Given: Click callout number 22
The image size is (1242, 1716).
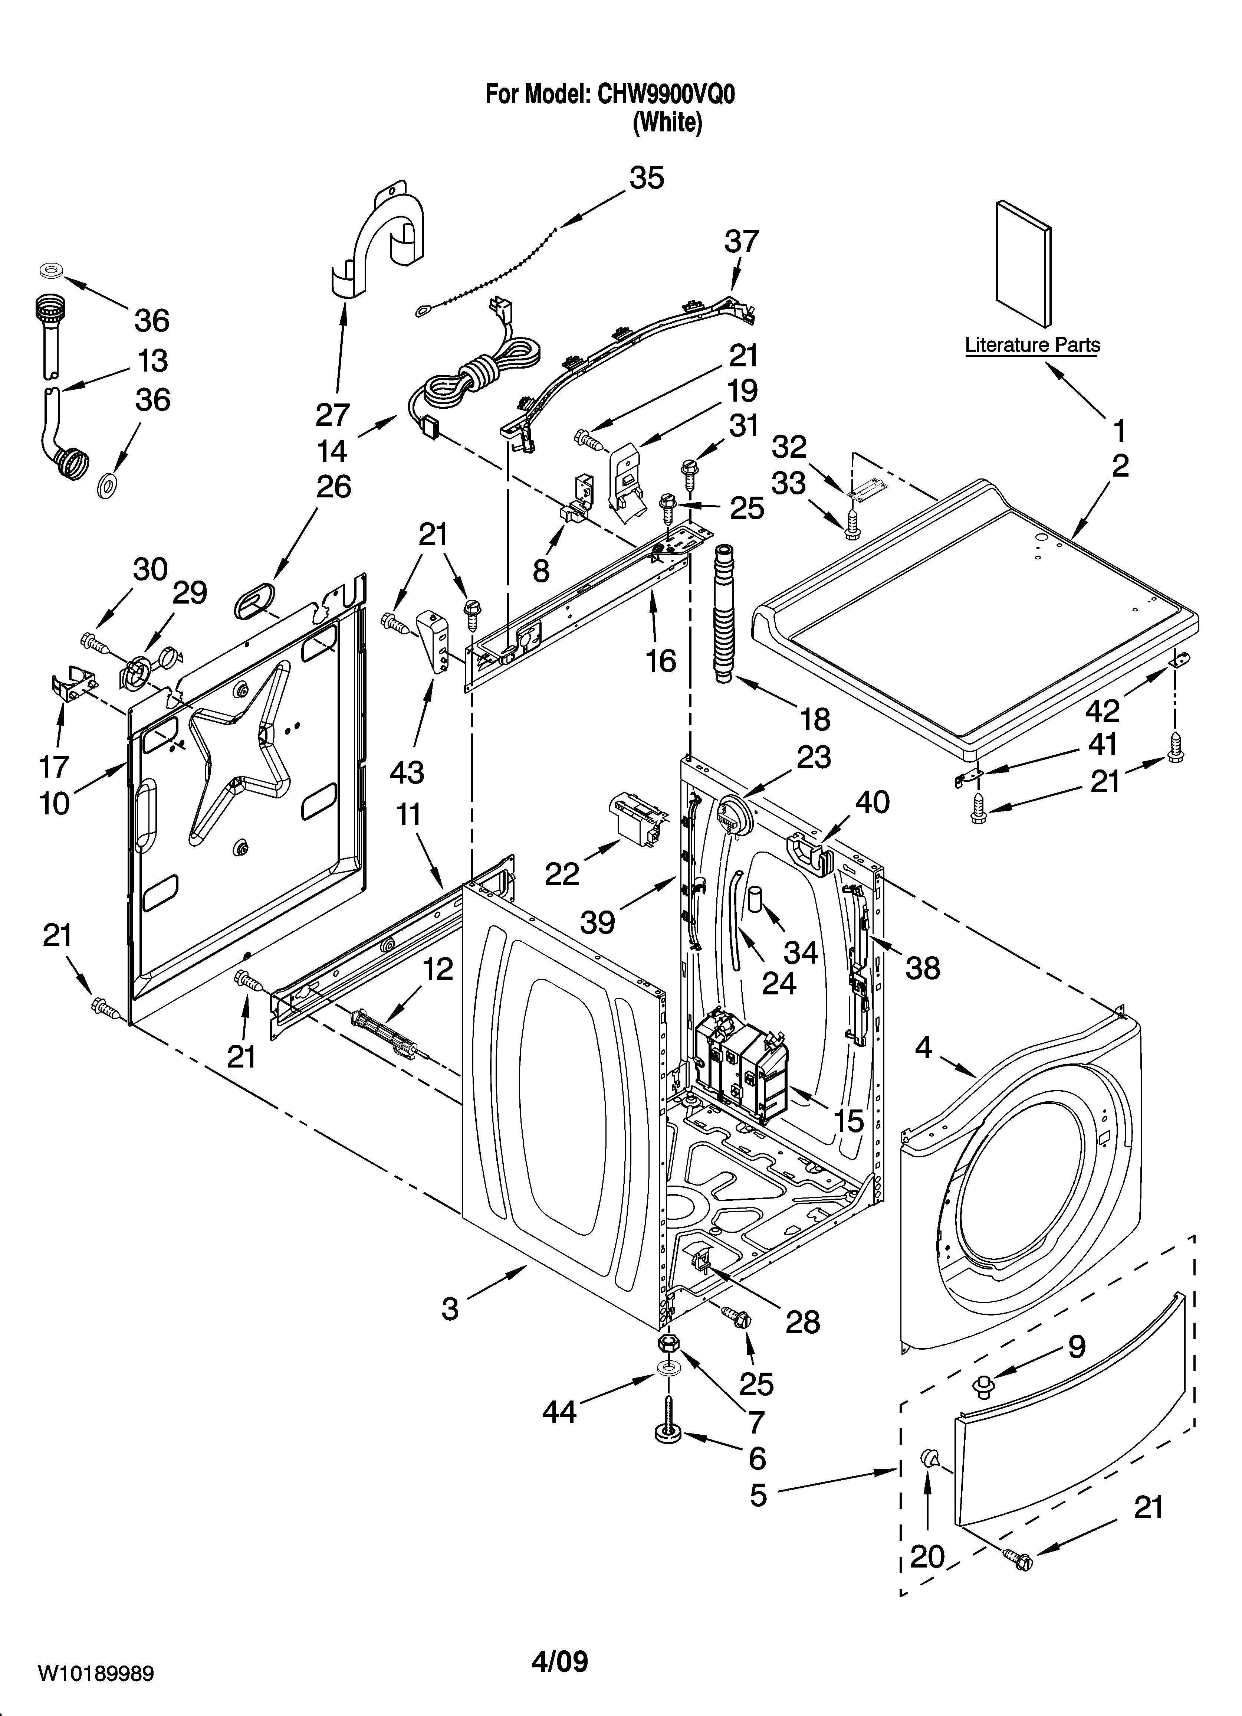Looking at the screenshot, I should pyautogui.click(x=562, y=873).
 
